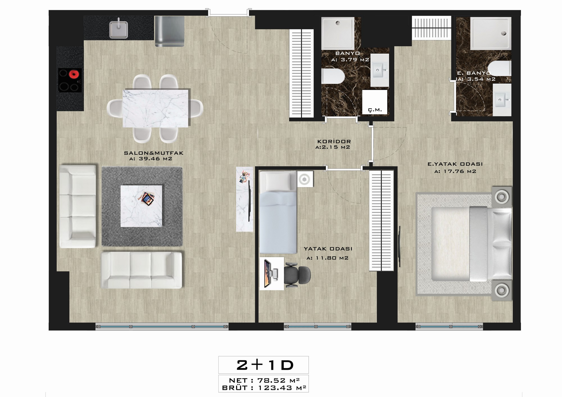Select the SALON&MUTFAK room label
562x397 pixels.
pyautogui.click(x=153, y=153)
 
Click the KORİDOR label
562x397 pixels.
pyautogui.click(x=334, y=142)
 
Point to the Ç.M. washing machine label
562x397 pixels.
pyautogui.click(x=375, y=110)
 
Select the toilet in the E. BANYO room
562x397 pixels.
pyautogui.click(x=499, y=69)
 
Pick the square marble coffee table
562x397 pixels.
pyautogui.click(x=141, y=206)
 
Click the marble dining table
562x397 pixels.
pyautogui.click(x=156, y=108)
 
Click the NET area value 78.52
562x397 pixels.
pyautogui.click(x=271, y=380)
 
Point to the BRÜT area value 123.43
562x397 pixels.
pyautogui.click(x=276, y=388)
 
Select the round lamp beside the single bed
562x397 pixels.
pyautogui.click(x=305, y=179)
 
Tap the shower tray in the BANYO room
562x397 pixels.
pyautogui.click(x=338, y=33)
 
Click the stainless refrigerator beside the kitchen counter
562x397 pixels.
pyautogui.click(x=169, y=31)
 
